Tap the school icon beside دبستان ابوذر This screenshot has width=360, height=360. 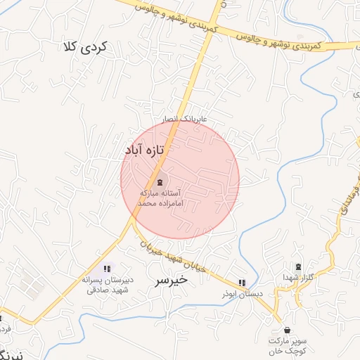pos(242,283)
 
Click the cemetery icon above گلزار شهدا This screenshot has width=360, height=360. pos(298,267)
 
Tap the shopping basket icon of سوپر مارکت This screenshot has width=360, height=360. pos(286,330)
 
